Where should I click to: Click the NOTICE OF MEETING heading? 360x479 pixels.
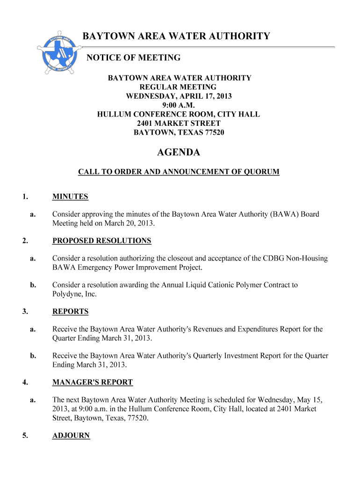(134, 58)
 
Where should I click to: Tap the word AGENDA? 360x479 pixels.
(178, 152)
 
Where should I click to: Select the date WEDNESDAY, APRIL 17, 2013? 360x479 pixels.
(179, 96)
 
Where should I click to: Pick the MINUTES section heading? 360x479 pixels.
(70, 197)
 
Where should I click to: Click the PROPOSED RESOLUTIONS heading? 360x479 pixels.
(101, 241)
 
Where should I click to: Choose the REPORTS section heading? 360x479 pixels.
(70, 312)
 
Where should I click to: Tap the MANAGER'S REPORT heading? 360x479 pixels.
(93, 383)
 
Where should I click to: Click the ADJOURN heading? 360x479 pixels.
(71, 435)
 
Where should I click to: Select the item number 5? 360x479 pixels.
(24, 435)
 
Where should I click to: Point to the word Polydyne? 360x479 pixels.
(66, 294)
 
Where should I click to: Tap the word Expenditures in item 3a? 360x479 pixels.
(258, 329)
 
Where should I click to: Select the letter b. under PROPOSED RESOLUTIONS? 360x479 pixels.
(33, 285)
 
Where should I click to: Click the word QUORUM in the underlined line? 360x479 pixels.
(260, 172)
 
